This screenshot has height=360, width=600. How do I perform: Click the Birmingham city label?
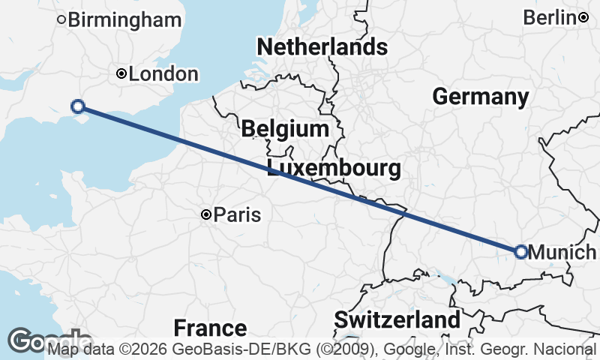(x=124, y=20)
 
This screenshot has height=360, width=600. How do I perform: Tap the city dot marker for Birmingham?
(x=62, y=19)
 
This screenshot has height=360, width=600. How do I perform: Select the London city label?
(x=163, y=74)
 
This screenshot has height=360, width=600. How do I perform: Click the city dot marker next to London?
(x=121, y=73)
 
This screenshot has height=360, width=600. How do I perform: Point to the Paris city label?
(x=237, y=216)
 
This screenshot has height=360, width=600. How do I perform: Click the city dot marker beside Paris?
(x=206, y=215)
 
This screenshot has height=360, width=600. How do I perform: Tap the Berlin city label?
(x=549, y=17)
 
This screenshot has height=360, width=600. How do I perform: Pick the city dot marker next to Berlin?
(x=583, y=17)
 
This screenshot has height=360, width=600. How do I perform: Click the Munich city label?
(x=562, y=253)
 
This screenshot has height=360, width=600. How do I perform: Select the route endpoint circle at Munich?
(x=520, y=252)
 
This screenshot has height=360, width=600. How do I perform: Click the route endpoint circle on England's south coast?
(x=76, y=106)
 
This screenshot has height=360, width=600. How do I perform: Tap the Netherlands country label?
(x=322, y=47)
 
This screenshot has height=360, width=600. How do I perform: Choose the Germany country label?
(x=480, y=97)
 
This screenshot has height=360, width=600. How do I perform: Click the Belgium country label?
(x=285, y=129)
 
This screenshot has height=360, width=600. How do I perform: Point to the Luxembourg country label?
(x=333, y=167)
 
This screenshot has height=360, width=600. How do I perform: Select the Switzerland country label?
(x=397, y=320)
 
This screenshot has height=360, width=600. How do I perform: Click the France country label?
(x=210, y=328)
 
